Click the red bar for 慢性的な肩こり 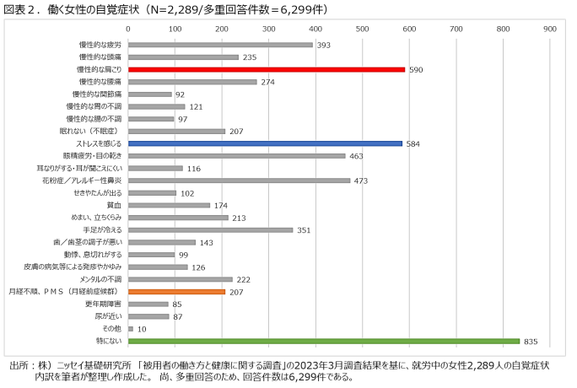(266, 70)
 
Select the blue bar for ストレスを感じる (265, 143)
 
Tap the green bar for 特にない (323, 341)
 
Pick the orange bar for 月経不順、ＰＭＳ (176, 291)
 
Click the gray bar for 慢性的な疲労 (220, 46)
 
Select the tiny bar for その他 (130, 328)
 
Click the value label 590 (416, 70)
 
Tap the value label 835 (531, 341)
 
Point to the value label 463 (357, 156)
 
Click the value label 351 (305, 229)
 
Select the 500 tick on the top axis (362, 28)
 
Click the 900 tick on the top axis (550, 28)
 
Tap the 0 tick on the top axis (127, 28)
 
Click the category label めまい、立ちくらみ (99, 218)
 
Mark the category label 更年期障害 (104, 304)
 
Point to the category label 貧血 (114, 205)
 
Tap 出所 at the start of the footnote (19, 366)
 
